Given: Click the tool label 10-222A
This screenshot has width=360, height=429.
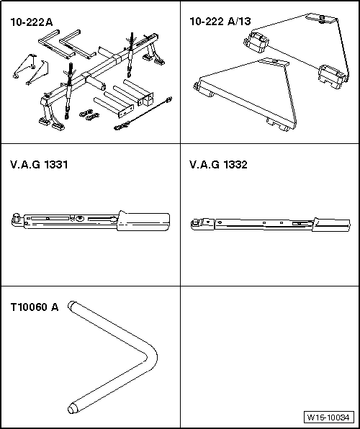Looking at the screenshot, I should (x=32, y=22).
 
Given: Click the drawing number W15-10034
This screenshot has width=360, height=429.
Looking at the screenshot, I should (x=328, y=417).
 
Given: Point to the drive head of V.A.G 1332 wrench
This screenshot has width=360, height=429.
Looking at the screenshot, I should (x=196, y=225).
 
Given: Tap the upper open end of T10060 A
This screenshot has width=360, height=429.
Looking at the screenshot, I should (x=72, y=307).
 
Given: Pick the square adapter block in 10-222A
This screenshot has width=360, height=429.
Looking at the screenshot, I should (x=150, y=97).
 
